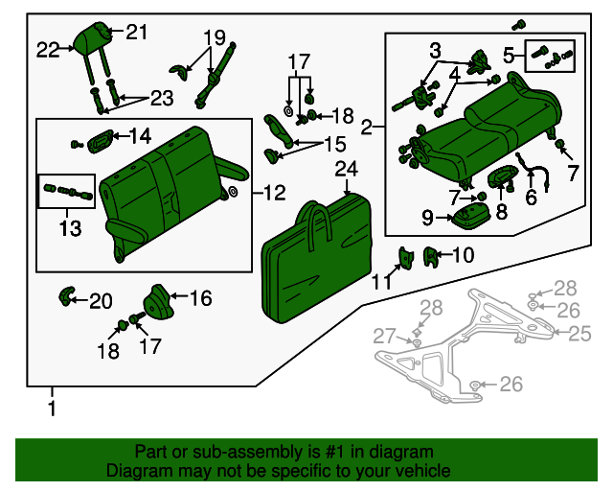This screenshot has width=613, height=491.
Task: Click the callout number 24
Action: (x=346, y=170)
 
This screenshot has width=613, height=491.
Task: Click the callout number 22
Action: (x=48, y=49)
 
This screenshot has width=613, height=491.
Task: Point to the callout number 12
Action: (x=273, y=193)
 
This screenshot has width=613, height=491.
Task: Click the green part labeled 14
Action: (x=100, y=142)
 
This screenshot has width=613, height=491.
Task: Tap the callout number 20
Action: (x=101, y=301)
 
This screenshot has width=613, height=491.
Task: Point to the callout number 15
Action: (x=334, y=144)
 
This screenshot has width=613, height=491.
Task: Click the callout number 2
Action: (x=367, y=127)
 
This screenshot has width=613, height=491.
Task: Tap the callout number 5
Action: (x=509, y=54)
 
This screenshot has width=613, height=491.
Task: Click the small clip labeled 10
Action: (x=431, y=255)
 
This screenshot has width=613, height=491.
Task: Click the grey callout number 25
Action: (x=580, y=333)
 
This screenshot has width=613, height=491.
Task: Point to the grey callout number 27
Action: (x=384, y=335)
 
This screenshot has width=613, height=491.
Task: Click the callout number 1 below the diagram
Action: (x=53, y=409)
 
